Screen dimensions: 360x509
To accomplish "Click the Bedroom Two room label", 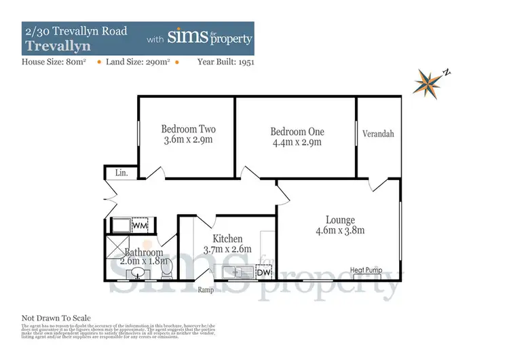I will [188, 129].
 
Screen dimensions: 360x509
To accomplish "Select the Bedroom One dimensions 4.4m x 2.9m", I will [297, 143].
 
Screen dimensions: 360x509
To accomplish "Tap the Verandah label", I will [378, 134].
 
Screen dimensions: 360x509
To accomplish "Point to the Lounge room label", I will [341, 219].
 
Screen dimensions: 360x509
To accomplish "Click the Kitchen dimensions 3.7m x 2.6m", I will [227, 249].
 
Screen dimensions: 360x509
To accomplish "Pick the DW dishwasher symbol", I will [263, 272].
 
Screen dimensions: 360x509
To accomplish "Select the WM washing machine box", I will [140, 225].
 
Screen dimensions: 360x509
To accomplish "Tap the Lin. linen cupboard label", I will [121, 173].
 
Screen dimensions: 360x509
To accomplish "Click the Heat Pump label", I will [366, 270].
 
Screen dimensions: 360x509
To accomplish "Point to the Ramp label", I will [206, 290].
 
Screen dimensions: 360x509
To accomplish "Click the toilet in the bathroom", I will [166, 270].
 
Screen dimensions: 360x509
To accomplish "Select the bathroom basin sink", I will [138, 273].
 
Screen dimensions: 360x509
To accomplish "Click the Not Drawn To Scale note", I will [56, 318].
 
